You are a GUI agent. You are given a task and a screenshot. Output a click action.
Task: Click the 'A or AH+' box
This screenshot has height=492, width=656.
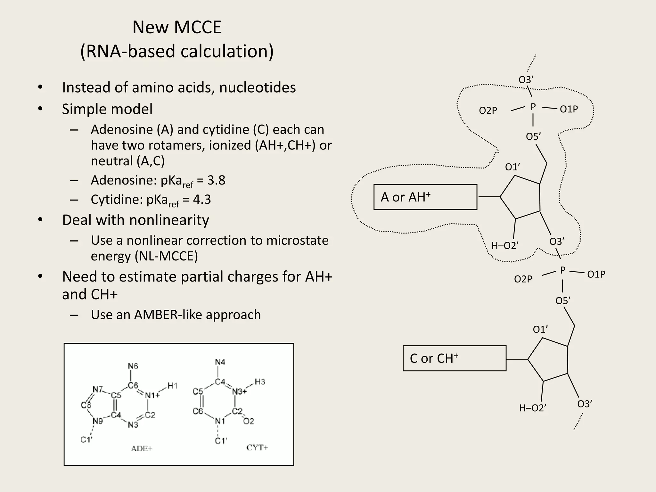click(x=425, y=197)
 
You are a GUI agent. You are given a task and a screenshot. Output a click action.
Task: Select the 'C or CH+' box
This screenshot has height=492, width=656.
click(x=454, y=358)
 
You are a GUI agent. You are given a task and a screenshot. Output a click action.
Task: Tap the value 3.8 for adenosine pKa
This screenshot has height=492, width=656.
click(x=216, y=180)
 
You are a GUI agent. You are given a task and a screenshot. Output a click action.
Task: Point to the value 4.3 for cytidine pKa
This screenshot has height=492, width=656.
click(x=202, y=200)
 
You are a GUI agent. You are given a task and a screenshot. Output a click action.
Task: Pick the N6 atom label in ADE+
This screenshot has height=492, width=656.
click(x=133, y=366)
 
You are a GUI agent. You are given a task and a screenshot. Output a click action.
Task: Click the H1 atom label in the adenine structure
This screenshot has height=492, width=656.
click(x=172, y=386)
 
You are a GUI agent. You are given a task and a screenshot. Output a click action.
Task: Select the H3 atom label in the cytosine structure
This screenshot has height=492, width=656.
click(x=260, y=382)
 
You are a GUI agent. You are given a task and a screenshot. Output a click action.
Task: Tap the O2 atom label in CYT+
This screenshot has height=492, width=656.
click(x=249, y=421)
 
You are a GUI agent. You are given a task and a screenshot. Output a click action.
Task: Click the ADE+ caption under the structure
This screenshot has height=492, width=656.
click(x=141, y=448)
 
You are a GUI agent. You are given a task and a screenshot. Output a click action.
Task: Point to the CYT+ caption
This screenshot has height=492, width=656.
click(x=257, y=447)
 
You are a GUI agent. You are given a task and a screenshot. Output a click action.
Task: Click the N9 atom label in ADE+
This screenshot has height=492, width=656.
click(x=98, y=421)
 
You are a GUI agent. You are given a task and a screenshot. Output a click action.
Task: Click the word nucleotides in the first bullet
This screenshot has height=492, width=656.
click(x=258, y=87)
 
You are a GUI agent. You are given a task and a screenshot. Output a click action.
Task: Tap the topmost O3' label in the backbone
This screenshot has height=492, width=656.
click(x=526, y=80)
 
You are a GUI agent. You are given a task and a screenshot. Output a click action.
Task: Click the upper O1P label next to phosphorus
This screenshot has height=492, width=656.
click(x=569, y=109)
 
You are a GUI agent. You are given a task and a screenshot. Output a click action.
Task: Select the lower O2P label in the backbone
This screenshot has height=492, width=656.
click(x=523, y=279)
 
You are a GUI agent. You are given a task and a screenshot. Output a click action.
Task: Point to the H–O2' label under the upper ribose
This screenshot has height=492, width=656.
click(x=505, y=246)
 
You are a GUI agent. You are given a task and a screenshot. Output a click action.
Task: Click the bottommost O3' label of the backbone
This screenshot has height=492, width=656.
click(x=585, y=404)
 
